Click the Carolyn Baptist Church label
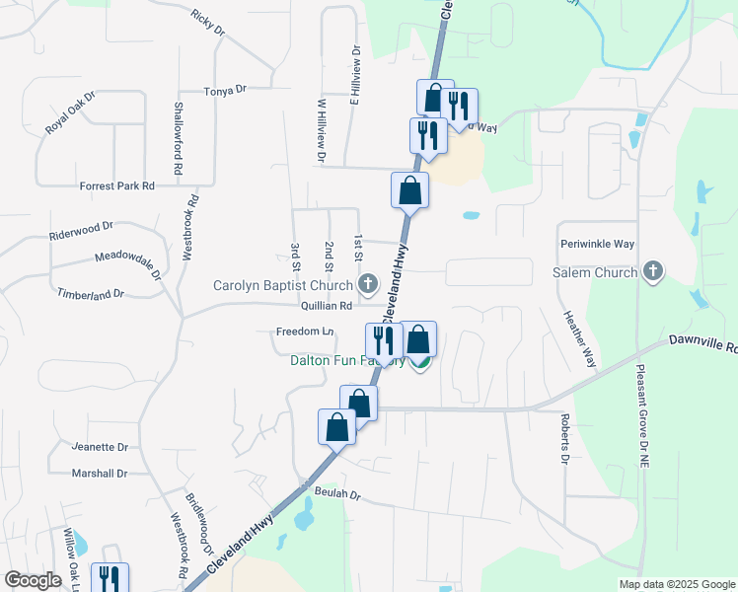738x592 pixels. (285, 286)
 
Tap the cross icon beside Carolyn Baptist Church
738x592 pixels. (368, 286)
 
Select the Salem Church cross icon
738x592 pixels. (652, 271)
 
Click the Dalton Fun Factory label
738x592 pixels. (347, 361)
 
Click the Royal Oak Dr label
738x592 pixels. (70, 114)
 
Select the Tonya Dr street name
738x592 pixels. (224, 90)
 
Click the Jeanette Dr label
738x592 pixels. (101, 447)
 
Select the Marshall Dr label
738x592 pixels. (100, 474)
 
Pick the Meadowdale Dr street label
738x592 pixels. (128, 262)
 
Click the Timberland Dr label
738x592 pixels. (90, 293)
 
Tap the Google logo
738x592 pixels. (34, 580)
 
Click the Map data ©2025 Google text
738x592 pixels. (676, 584)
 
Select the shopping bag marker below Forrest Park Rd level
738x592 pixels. (409, 190)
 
